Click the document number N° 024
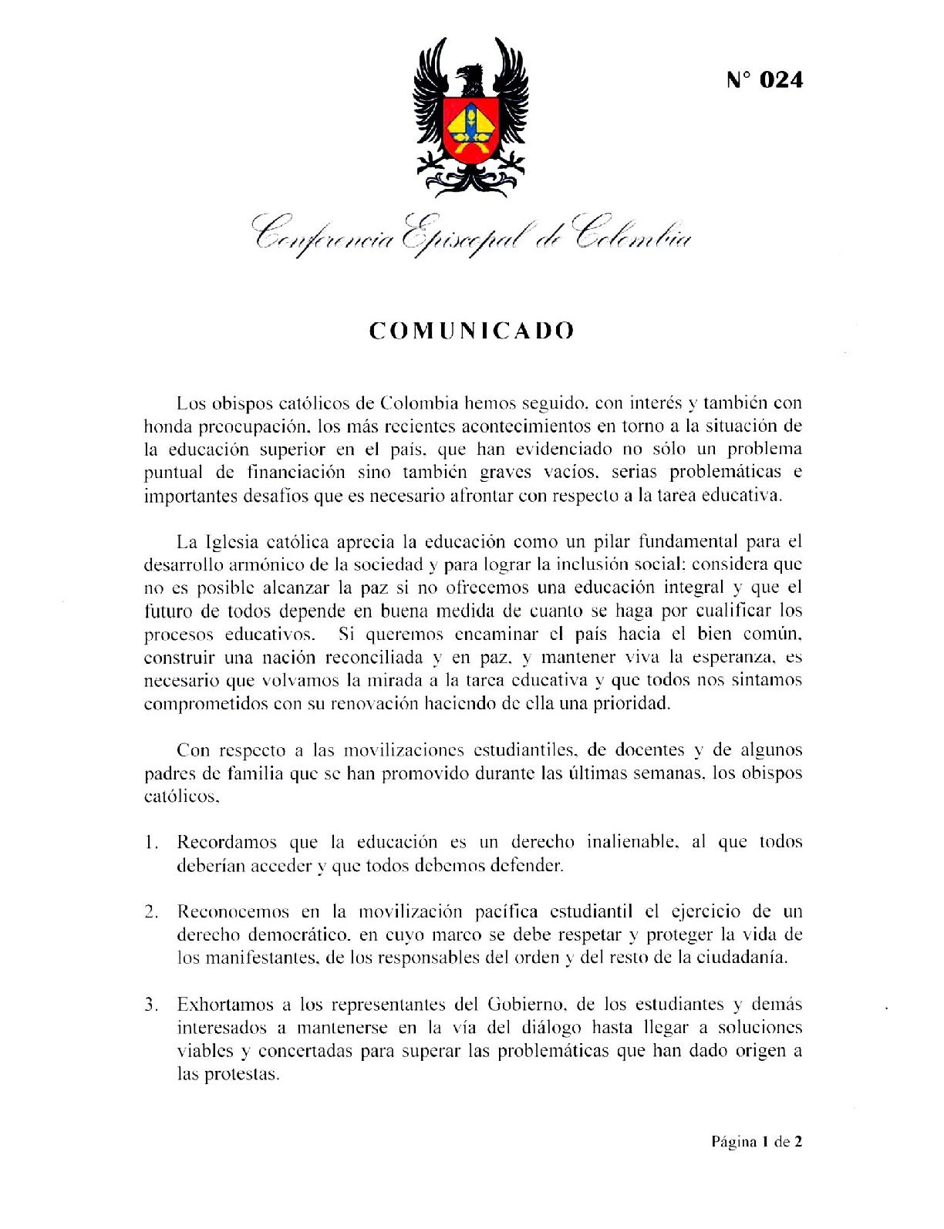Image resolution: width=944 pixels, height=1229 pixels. [x=764, y=79]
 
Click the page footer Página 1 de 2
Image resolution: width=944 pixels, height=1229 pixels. [x=756, y=1142]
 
